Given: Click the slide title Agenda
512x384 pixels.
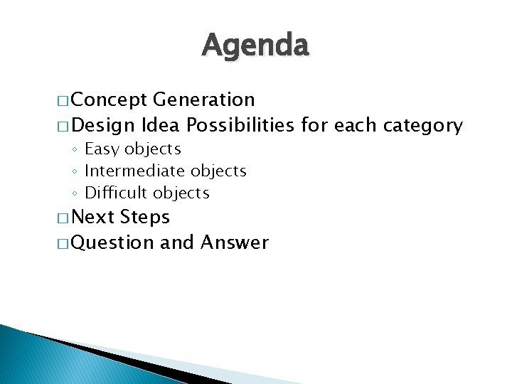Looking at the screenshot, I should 256,46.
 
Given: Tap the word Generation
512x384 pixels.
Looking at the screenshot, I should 203,100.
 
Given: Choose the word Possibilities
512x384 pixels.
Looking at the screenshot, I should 240,126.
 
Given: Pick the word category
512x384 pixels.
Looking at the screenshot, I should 423,127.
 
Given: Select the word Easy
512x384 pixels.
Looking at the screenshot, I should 102,149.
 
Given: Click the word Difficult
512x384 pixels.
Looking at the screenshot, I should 115,193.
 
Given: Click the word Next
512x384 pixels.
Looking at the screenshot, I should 94,217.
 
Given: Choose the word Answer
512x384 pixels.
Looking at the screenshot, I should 235,243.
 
